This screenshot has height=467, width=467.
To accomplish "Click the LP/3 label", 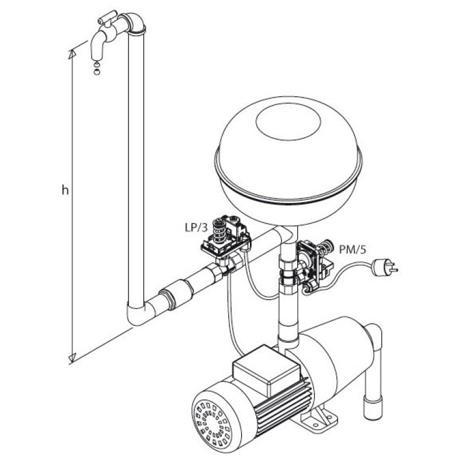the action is point(196,228).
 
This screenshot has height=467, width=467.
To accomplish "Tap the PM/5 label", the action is point(353,249).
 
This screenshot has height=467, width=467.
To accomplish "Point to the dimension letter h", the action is point(65,190).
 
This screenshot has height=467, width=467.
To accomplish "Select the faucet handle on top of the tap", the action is point(107,18).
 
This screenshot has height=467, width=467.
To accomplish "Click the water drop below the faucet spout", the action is point(97,68).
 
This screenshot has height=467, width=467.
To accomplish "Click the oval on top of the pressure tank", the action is point(288,121).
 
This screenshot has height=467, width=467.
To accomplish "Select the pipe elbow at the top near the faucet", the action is point(135,23).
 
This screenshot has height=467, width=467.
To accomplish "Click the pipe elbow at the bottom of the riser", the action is point(140,313).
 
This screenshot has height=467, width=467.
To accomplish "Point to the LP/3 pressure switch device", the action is point(226,238).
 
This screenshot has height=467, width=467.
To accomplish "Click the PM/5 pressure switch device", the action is point(314,262).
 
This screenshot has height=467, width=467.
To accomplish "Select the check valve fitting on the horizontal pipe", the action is point(176,295).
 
